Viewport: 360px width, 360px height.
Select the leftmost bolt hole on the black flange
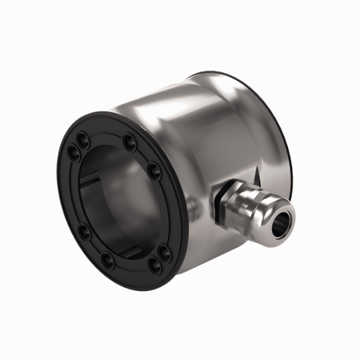[72, 152]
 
